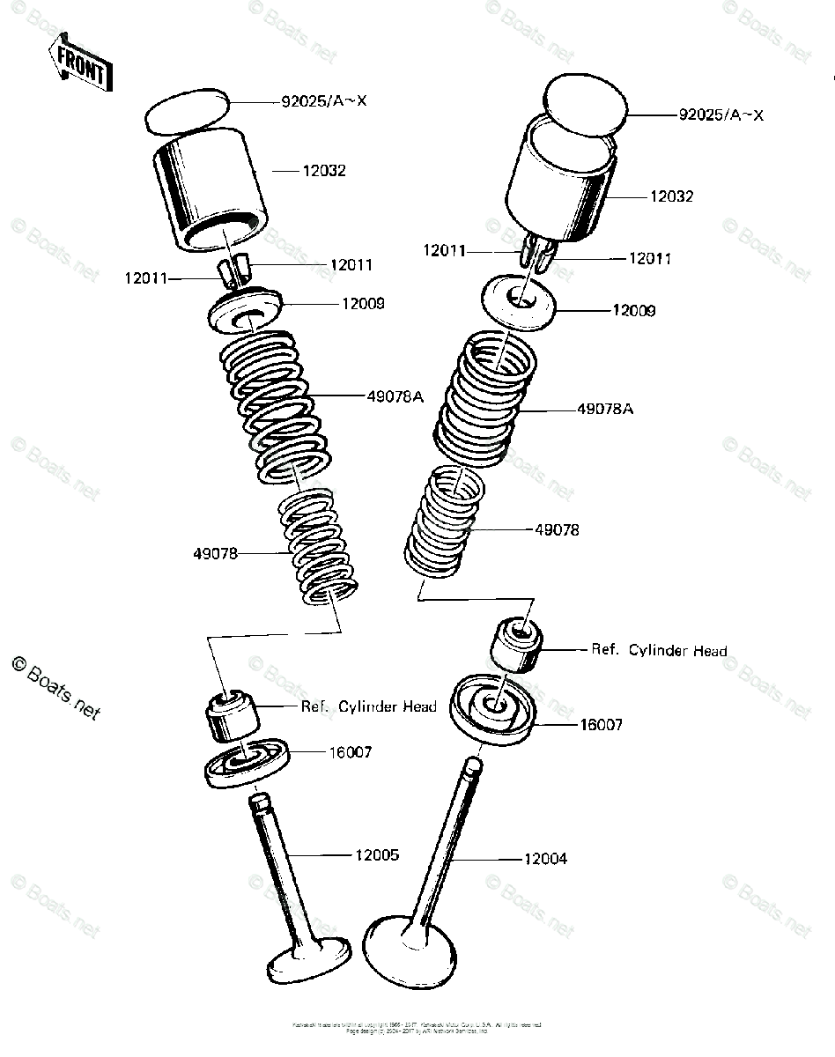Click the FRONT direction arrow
point(80,63)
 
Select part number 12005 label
point(377,854)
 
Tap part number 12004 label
point(544,858)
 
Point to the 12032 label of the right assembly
point(671,196)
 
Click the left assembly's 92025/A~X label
point(324,101)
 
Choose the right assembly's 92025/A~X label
point(720,115)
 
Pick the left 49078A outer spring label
point(395,396)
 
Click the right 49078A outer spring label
point(606,409)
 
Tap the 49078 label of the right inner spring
point(557,530)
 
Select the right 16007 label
point(601,725)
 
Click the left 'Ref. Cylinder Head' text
point(368,706)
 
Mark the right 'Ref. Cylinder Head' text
point(659,650)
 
